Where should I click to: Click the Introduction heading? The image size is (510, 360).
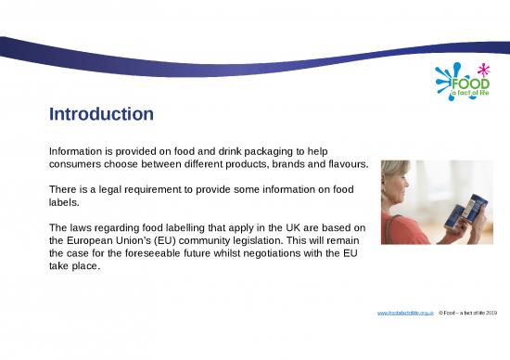point(100,115)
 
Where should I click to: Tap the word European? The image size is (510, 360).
point(97,243)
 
